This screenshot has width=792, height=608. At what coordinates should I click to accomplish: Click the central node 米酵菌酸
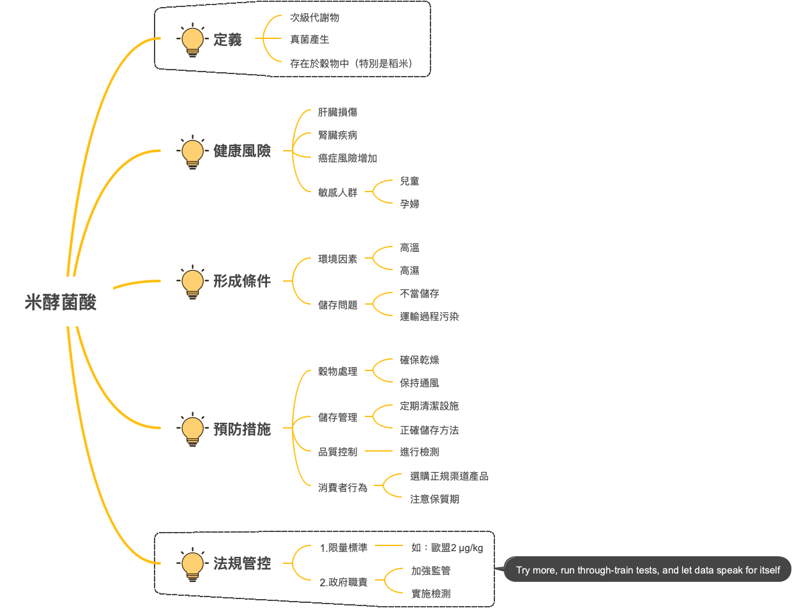[61, 302]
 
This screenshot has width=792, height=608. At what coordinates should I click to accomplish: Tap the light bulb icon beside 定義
[192, 40]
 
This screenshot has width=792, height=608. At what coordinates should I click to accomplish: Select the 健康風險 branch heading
[242, 151]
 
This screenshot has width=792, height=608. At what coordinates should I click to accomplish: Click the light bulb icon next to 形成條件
[192, 282]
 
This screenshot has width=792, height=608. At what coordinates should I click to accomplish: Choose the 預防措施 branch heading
[242, 429]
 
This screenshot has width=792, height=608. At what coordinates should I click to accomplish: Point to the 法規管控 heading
[242, 564]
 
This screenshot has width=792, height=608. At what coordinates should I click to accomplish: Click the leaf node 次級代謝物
[315, 18]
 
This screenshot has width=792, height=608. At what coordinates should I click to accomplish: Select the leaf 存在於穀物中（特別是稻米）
[351, 63]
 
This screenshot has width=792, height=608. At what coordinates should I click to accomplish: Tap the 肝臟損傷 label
[338, 112]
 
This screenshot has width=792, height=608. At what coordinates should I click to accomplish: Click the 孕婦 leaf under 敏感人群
[409, 204]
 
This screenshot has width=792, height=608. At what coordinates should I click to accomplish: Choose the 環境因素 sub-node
[338, 259]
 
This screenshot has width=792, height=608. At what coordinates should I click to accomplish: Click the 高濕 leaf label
[409, 271]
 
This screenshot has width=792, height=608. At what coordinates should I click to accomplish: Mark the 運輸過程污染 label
[429, 316]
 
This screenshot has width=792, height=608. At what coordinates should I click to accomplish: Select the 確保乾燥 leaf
[420, 360]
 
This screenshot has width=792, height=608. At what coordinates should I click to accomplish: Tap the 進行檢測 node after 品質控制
[420, 452]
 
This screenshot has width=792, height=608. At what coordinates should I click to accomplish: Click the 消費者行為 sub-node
[343, 487]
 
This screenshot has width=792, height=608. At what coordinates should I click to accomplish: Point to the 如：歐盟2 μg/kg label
[447, 548]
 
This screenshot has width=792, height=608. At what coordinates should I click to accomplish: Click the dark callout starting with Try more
[648, 570]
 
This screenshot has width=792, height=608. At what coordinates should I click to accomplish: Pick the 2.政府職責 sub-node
[344, 582]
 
